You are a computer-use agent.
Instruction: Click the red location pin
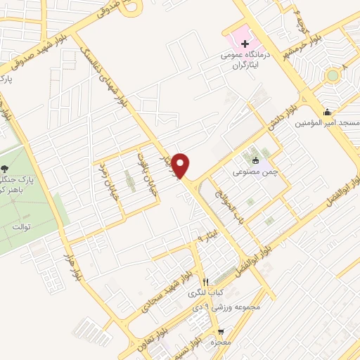click(x=181, y=166)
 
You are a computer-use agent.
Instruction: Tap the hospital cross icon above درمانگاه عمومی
click(x=245, y=44)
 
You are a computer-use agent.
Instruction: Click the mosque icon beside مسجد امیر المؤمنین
click(x=327, y=112)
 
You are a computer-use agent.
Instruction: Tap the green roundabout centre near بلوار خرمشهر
click(x=332, y=75)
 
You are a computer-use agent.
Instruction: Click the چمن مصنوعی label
click(x=252, y=171)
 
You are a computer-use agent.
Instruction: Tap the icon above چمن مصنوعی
click(x=255, y=160)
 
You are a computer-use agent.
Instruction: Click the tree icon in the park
click(x=5, y=168)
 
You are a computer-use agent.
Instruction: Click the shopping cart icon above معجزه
click(x=221, y=331)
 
